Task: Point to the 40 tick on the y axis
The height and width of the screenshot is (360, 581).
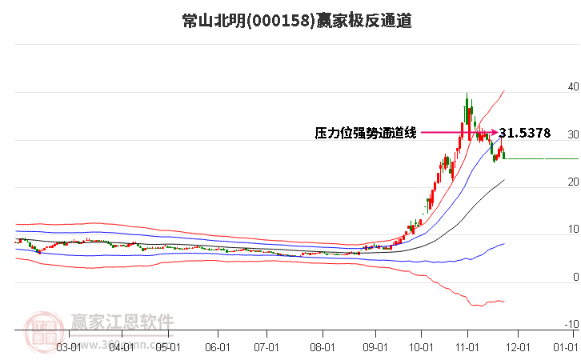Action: (x=572, y=86)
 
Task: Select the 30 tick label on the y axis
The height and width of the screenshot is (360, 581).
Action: (x=572, y=134)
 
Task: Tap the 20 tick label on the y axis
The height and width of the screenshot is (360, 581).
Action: (x=572, y=182)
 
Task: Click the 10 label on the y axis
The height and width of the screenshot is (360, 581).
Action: (x=572, y=230)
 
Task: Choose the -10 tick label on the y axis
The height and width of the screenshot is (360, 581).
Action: (x=571, y=325)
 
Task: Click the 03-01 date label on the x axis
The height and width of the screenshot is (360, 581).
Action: (x=69, y=347)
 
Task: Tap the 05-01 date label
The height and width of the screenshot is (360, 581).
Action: (x=168, y=347)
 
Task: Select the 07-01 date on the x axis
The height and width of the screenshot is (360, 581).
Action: (x=266, y=347)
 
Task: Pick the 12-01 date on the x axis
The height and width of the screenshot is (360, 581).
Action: (x=518, y=347)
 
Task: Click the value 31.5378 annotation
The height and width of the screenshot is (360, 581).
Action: (x=524, y=134)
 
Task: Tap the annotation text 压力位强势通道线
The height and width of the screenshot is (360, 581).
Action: (x=366, y=134)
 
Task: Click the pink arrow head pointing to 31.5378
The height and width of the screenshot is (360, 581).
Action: (x=494, y=133)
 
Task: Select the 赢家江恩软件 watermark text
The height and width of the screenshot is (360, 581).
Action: (x=122, y=322)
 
